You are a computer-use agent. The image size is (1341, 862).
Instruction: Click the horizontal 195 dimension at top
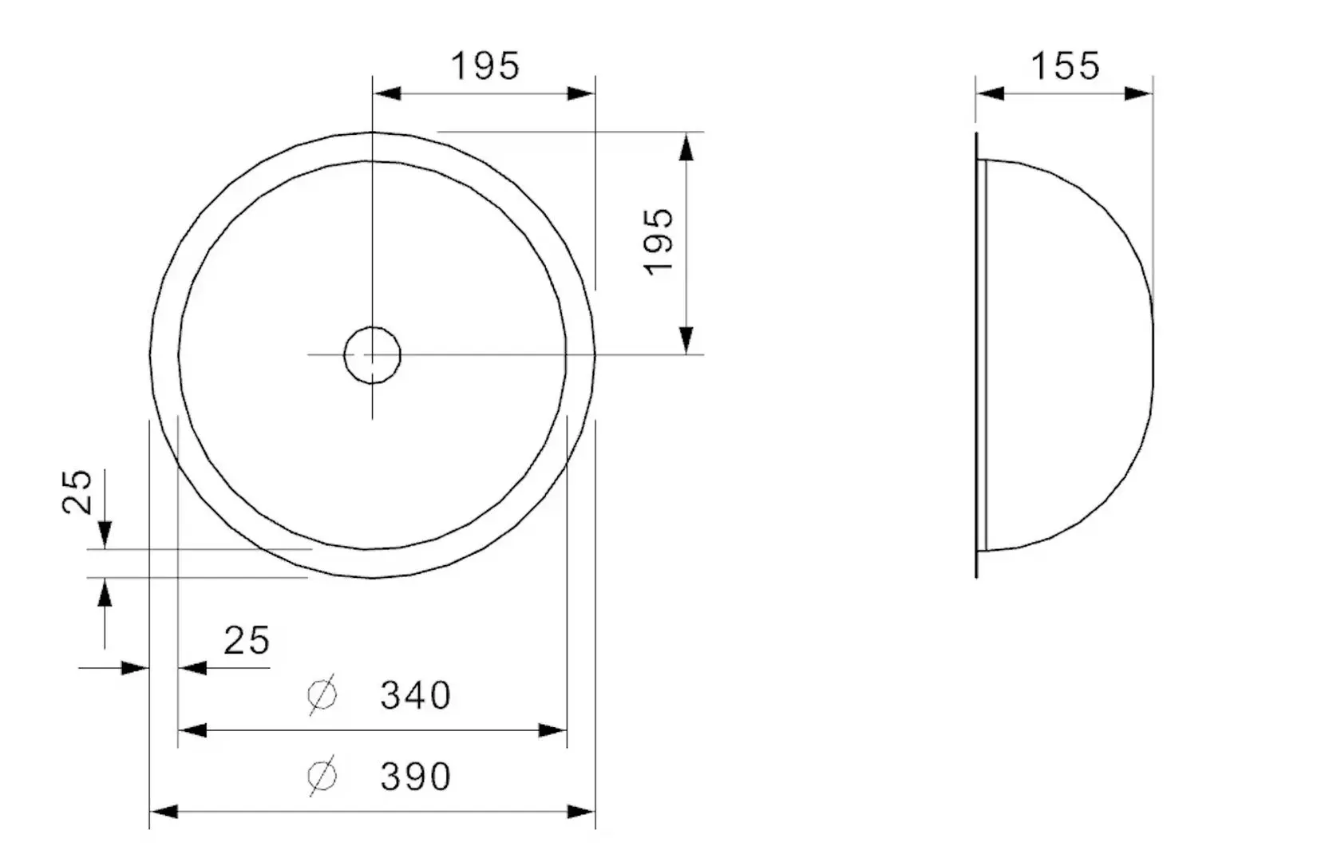[485, 66]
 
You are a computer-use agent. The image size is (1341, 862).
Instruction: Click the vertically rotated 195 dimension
[659, 242]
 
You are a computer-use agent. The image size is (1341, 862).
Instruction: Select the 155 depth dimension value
[1065, 66]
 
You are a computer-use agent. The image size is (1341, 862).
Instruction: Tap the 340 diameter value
[415, 696]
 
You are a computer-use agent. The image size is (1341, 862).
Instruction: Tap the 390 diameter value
[415, 777]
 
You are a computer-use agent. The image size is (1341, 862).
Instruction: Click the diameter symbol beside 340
[322, 695]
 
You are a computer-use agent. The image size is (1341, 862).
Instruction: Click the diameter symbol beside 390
[322, 776]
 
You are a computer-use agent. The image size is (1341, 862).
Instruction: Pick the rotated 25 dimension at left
[78, 492]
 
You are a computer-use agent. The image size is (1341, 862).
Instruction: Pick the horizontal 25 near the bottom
[247, 641]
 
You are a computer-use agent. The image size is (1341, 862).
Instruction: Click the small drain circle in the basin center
[372, 354]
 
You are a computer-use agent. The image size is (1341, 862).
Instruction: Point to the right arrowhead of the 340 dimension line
[553, 730]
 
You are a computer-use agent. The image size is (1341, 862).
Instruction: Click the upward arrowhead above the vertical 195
[686, 147]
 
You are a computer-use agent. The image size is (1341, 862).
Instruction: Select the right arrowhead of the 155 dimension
[1138, 93]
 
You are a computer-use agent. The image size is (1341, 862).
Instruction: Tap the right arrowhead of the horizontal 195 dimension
[581, 93]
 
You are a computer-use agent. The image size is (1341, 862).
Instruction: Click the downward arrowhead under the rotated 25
[105, 534]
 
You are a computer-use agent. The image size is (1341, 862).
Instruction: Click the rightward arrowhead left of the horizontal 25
[135, 667]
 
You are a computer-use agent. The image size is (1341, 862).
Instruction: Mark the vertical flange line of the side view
[976, 355]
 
